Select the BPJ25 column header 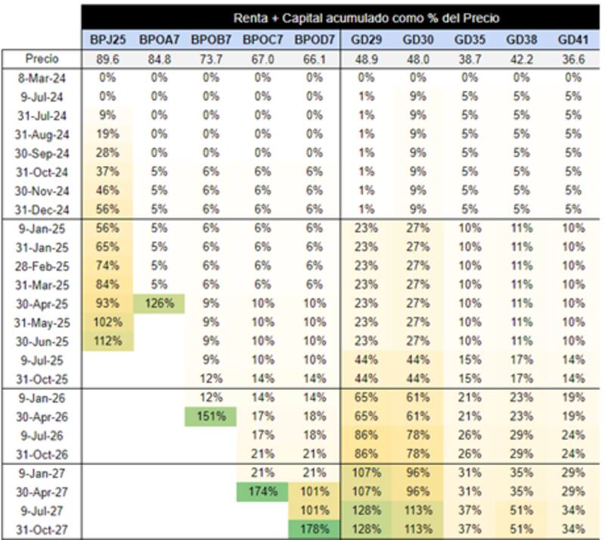(x=107, y=39)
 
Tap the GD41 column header (x=572, y=39)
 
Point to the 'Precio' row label (x=42, y=59)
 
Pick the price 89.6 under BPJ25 (x=107, y=59)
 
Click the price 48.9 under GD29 (x=365, y=59)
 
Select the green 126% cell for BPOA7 (x=159, y=303)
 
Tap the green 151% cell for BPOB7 (x=211, y=416)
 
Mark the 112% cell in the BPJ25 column (x=107, y=340)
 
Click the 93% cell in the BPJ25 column (x=107, y=303)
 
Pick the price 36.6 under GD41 (x=572, y=59)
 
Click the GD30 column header (x=417, y=39)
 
